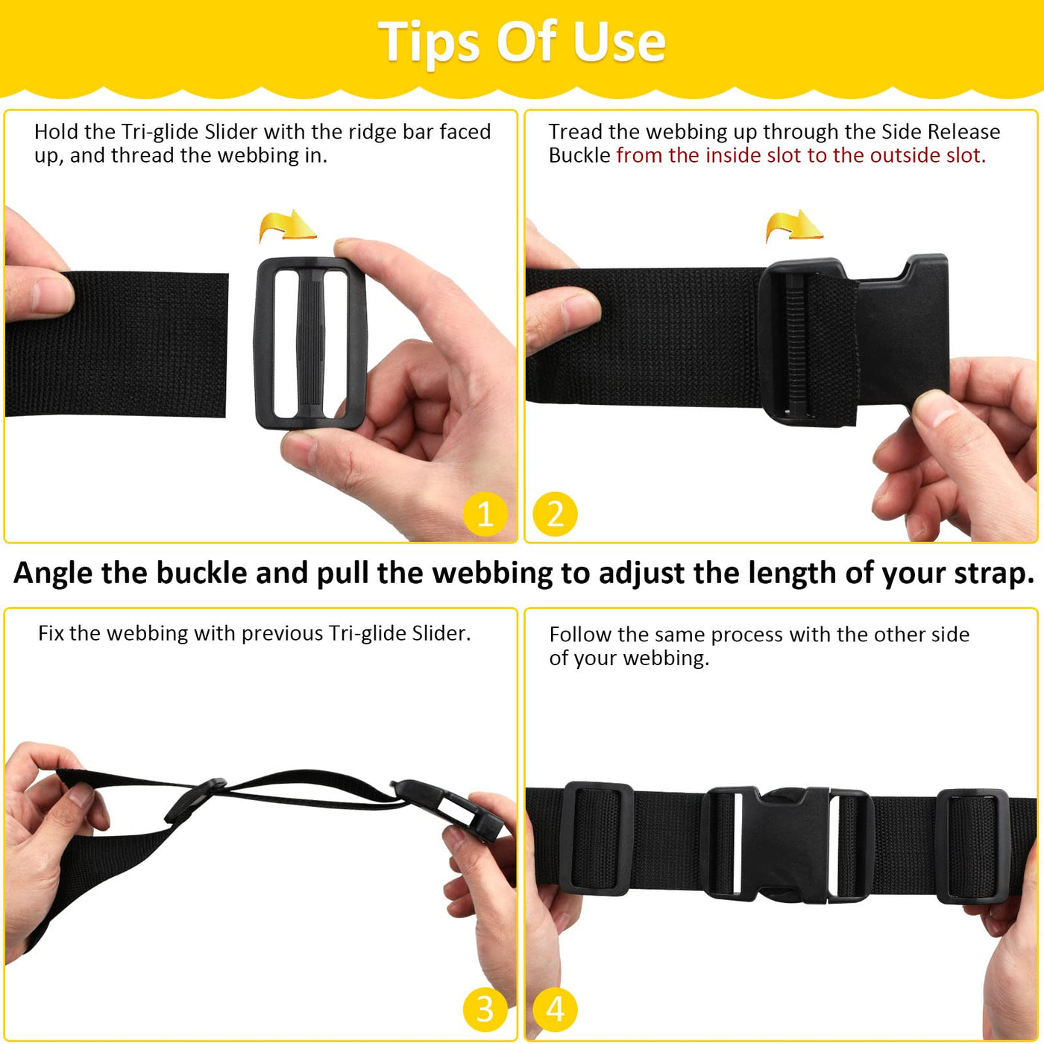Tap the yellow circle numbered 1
coord(485,514)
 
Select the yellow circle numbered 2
coord(556,514)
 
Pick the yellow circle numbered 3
coord(485,1010)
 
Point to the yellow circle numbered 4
coord(556,1010)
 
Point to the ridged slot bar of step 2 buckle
coord(794,351)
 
